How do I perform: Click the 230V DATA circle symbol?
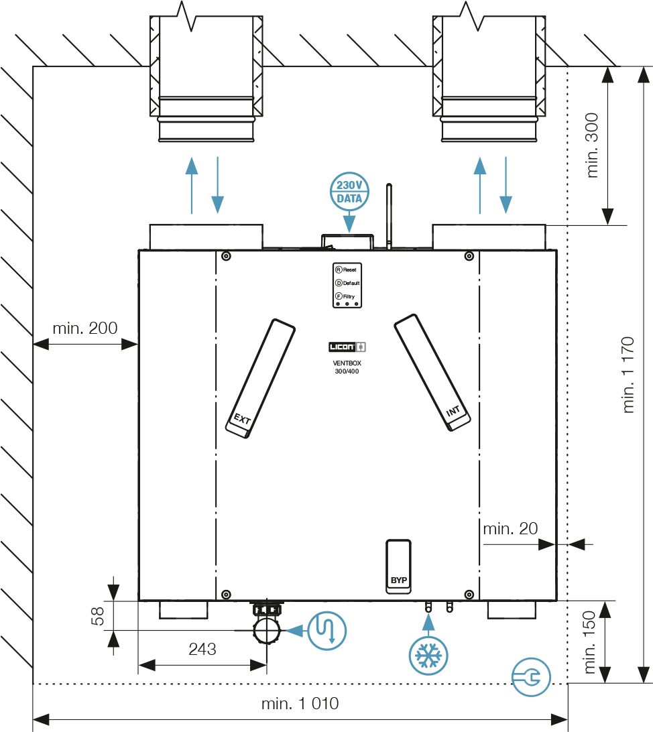(x=349, y=192)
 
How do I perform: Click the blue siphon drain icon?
(x=327, y=630)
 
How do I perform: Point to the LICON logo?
(x=347, y=347)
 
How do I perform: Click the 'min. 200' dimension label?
(x=84, y=328)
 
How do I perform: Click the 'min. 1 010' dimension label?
(x=300, y=704)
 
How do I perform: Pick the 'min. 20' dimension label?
(x=510, y=529)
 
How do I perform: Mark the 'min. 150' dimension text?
(x=590, y=642)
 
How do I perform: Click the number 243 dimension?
(x=202, y=649)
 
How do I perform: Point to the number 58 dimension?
(x=99, y=616)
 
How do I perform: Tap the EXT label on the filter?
(x=242, y=420)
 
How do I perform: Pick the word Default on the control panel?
(x=352, y=283)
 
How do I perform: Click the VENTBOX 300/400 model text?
(x=347, y=367)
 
